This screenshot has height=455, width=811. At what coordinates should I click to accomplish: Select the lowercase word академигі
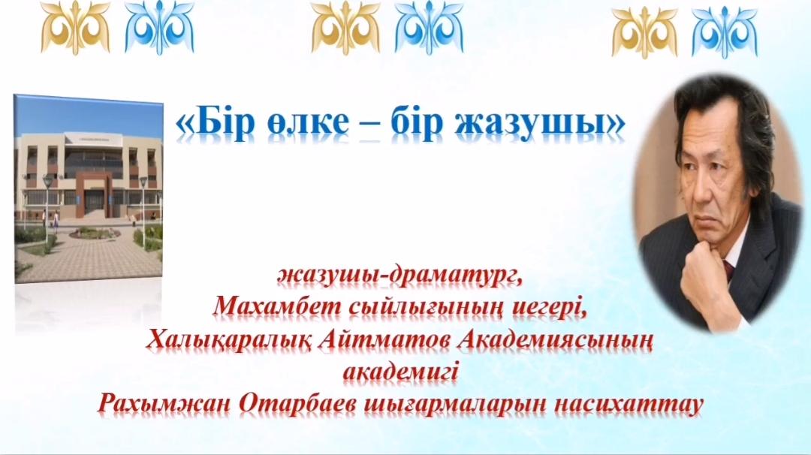coord(401,372)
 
